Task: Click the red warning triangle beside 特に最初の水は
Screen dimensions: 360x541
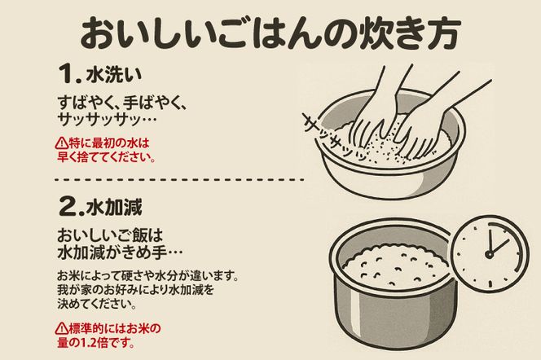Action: [62, 143]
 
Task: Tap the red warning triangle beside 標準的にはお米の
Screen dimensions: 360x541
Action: [62, 329]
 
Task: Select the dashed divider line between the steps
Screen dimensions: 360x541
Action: [179, 178]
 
